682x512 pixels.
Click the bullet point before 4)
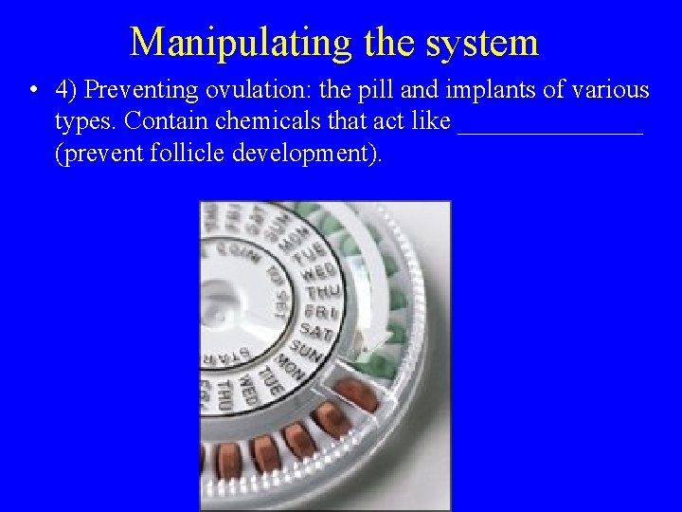[33, 91]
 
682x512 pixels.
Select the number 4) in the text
[66, 91]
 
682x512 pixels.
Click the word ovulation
[240, 91]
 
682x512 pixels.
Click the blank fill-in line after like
[549, 129]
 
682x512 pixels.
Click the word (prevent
[99, 155]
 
